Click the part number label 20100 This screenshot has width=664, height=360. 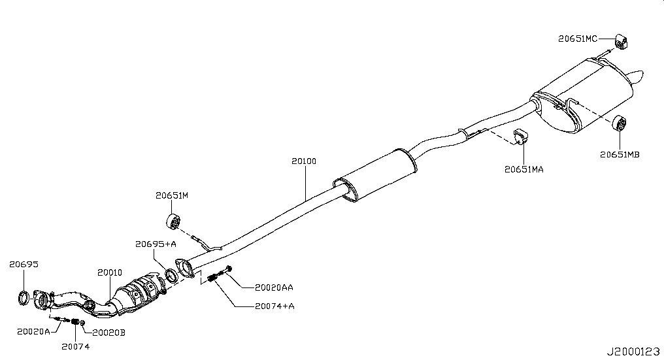304,161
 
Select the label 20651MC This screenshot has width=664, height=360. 578,39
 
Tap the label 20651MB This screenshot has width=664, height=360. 620,155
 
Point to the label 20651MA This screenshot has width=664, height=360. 524,169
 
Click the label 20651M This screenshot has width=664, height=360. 171,195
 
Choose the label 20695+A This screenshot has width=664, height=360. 156,244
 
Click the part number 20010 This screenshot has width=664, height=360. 110,272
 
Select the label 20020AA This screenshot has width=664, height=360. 274,287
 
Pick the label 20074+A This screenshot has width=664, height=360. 274,306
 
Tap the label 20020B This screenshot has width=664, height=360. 109,333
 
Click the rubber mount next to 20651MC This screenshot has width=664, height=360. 621,41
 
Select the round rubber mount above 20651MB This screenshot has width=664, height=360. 619,123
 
